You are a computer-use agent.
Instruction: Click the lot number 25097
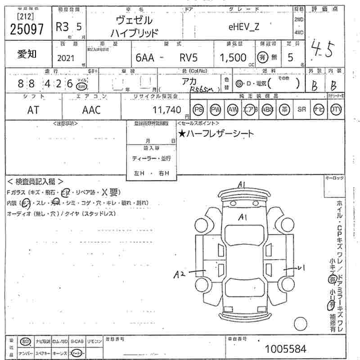pos(26,29)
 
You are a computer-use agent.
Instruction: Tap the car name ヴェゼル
pos(134,20)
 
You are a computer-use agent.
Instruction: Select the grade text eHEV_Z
pos(244,27)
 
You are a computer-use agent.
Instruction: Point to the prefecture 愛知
pos(27,54)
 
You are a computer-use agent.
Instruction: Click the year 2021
pos(67,58)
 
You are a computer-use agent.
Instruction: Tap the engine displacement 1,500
pos(233,58)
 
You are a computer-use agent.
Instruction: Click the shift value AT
pos(33,109)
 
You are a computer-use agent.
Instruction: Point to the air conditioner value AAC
pos(91,109)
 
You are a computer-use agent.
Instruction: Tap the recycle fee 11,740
pos(167,109)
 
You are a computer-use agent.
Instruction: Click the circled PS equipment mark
pos(198,109)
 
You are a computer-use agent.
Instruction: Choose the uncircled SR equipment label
pos(301,109)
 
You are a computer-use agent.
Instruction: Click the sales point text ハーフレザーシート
pos(216,133)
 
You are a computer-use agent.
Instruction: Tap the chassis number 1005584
pos(285,349)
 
